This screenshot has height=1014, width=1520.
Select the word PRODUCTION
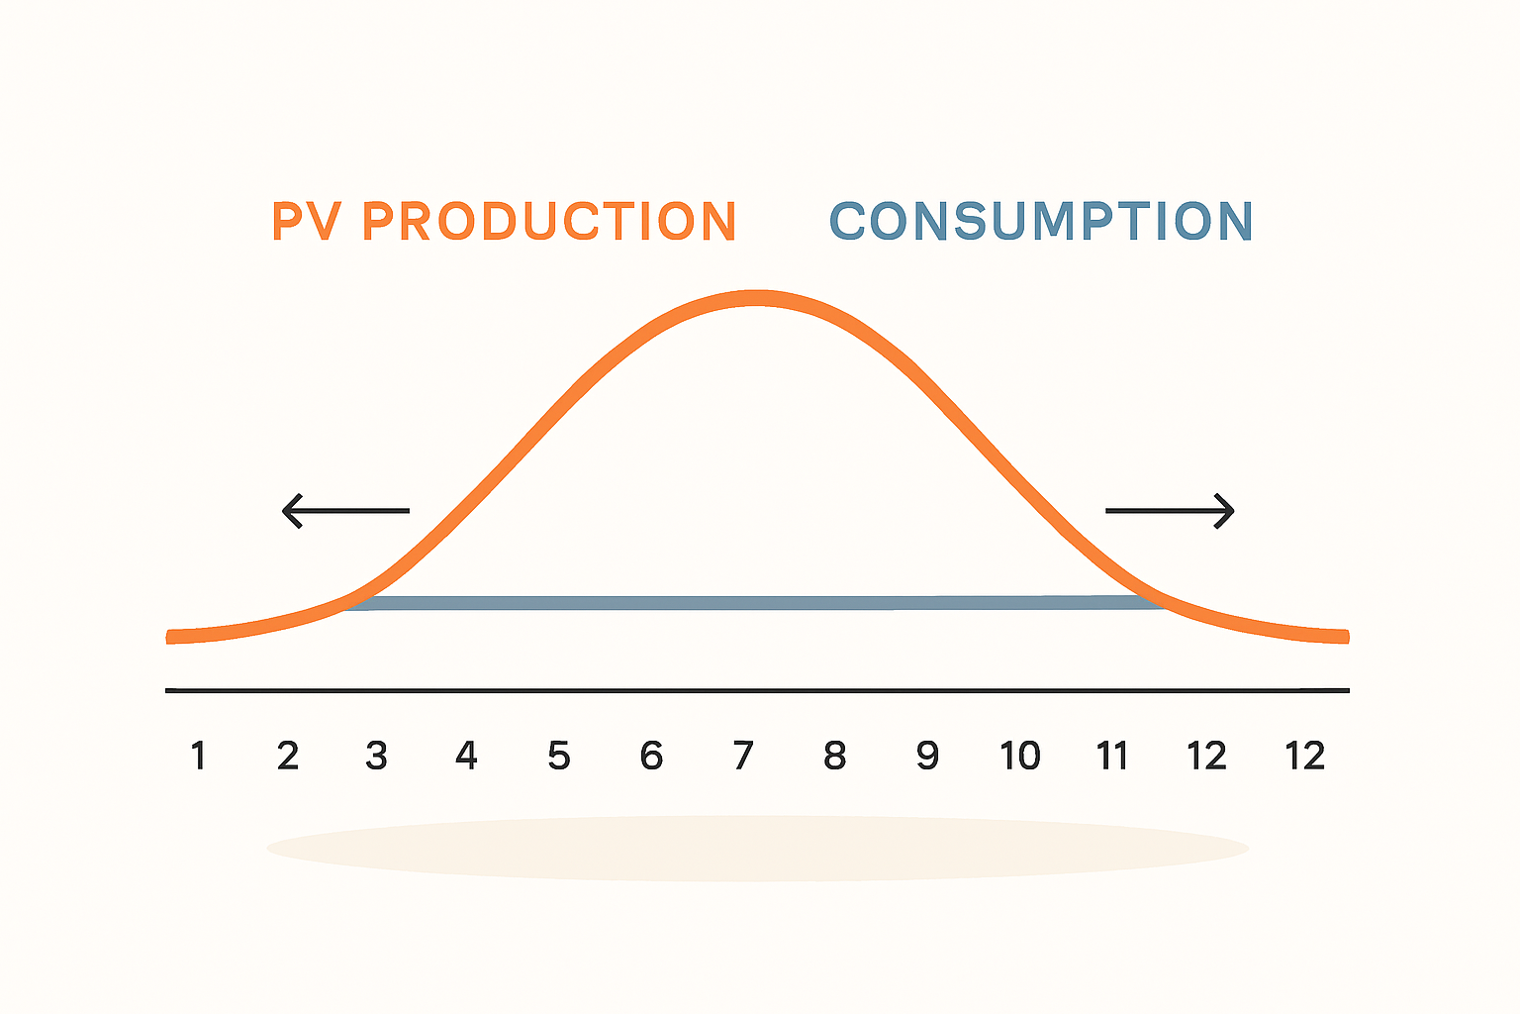550,221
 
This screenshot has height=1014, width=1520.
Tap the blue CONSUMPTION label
1041,221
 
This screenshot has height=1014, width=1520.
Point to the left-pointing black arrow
344,511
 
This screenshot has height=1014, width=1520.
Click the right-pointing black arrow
1170,511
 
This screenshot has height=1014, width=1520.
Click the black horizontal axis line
757,690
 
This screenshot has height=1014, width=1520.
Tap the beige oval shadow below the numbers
757,849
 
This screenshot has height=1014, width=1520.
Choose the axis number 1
199,757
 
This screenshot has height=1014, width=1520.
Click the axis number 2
288,757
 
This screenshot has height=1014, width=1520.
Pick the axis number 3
376,757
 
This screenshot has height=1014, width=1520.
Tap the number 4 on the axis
466,757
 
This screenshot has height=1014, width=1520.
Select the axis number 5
559,757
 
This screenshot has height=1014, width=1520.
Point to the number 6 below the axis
651,757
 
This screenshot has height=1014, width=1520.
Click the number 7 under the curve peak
743,757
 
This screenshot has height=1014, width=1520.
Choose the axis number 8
835,757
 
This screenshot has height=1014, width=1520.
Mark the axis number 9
927,757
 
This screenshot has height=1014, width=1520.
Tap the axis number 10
1020,757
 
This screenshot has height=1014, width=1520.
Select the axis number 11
1112,757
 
